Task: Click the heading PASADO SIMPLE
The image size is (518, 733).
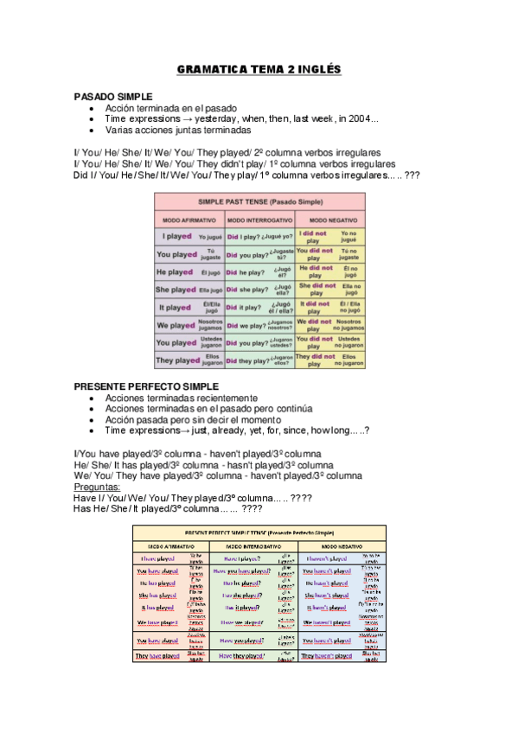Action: [113, 96]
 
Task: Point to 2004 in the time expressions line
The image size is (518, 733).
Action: [356, 119]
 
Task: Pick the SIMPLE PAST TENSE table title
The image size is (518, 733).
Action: [259, 201]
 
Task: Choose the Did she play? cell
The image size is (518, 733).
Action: [246, 290]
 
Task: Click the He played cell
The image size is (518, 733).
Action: [175, 271]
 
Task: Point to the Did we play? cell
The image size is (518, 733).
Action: [246, 325]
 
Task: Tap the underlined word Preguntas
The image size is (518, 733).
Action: [97, 488]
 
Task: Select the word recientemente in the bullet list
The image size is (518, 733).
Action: [229, 398]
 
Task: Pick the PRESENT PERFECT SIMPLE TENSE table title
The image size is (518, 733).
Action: [258, 532]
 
